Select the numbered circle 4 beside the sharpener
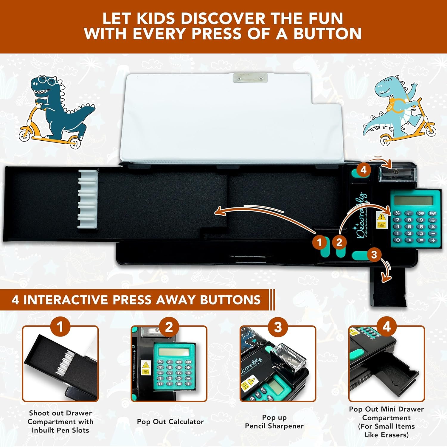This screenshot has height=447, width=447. (x=363, y=170)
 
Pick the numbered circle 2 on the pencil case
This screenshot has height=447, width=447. (x=339, y=242)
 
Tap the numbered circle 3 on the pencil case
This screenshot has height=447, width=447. (x=374, y=254)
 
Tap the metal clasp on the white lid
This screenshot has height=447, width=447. (x=250, y=78)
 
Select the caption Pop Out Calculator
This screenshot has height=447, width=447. (x=170, y=422)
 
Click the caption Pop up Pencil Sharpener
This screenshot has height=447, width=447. (x=274, y=422)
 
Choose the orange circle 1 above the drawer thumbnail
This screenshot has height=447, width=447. (x=60, y=327)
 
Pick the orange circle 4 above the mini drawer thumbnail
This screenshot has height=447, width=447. (x=387, y=327)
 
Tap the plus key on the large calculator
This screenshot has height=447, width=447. (x=433, y=240)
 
